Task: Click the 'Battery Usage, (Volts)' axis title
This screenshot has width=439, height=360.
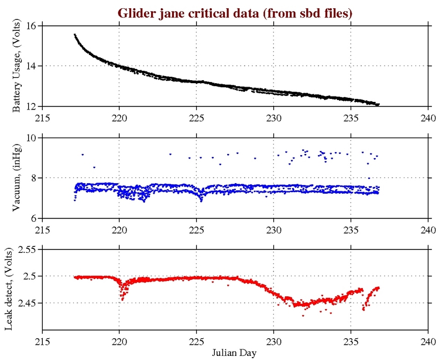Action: pos(18,66)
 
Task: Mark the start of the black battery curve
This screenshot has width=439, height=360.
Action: pos(75,35)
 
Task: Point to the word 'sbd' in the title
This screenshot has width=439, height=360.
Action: pos(304,13)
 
